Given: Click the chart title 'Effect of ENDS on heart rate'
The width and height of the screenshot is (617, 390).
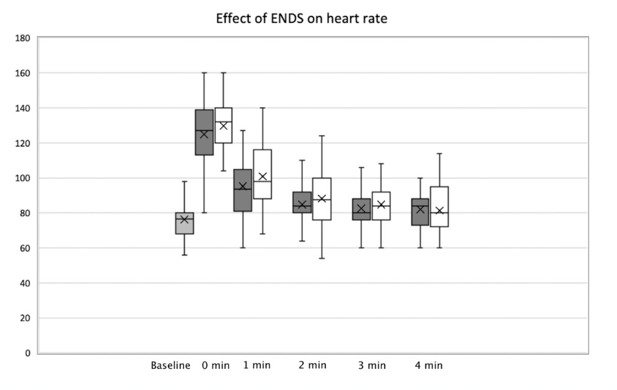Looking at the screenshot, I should click(301, 18).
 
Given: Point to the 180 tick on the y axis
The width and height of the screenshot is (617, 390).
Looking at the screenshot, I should click(24, 38).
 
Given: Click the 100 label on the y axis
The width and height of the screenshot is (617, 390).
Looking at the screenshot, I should click(24, 178).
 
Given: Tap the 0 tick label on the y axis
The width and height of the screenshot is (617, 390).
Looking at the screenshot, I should click(28, 353).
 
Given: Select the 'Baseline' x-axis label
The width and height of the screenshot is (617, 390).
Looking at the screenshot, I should click(170, 365).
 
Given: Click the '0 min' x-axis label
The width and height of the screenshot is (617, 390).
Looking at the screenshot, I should click(216, 365).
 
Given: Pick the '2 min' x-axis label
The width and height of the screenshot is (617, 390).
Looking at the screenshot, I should click(312, 365).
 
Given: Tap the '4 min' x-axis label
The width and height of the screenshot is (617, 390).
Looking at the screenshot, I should click(428, 365).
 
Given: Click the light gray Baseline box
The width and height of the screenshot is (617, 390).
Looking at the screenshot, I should click(184, 227).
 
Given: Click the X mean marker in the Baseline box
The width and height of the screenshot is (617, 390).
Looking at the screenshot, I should click(184, 219).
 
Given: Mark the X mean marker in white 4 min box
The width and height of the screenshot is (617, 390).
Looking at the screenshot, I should click(439, 210).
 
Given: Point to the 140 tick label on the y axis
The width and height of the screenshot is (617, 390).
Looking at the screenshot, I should click(24, 108).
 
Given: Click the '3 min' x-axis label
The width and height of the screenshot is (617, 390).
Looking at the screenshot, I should click(372, 365).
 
